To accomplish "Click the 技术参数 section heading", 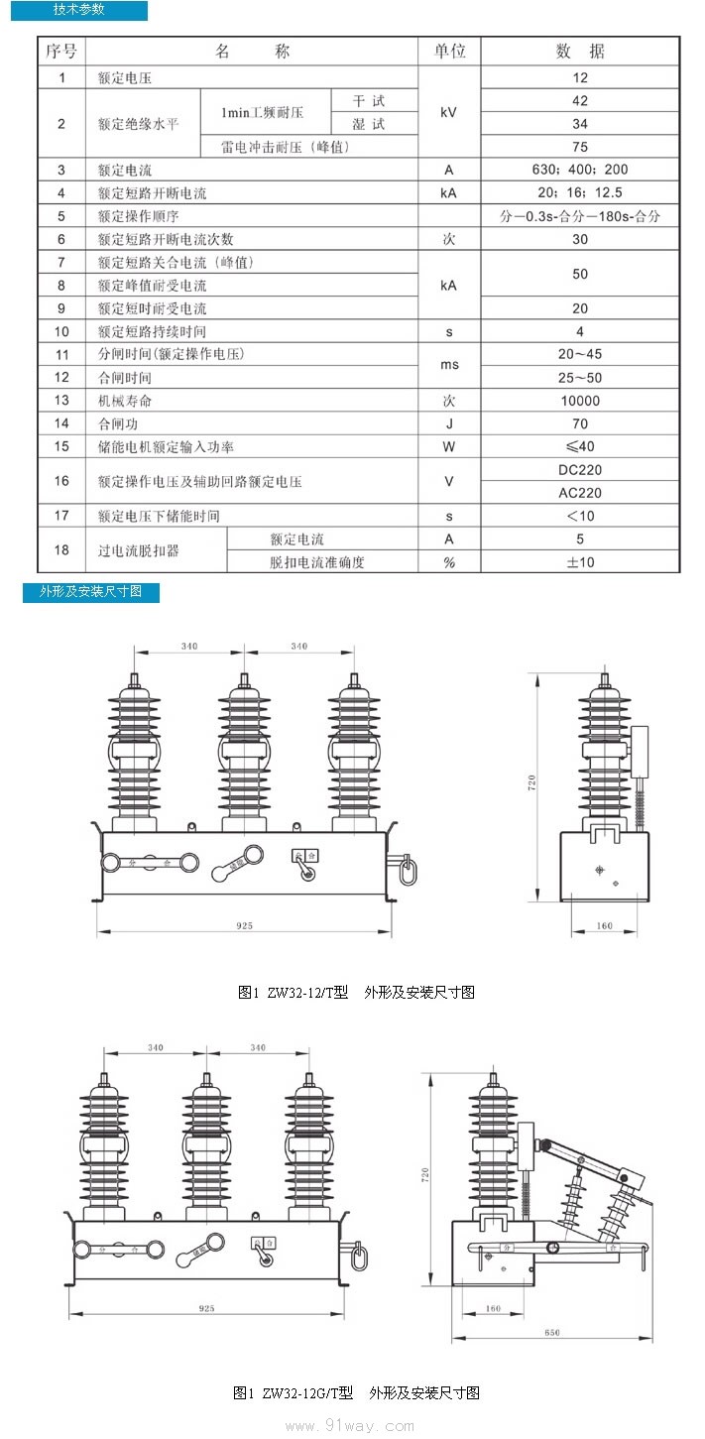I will [78, 10].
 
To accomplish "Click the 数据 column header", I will [580, 52].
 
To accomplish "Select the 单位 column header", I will [449, 52].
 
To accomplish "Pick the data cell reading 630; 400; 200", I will [580, 170].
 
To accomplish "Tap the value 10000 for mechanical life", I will [580, 401].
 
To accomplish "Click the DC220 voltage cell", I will [580, 470].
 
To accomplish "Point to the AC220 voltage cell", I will [580, 493].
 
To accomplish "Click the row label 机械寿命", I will [125, 401].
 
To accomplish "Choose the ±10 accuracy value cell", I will [580, 562].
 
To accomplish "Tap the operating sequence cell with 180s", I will [580, 216].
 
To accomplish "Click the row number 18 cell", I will [61, 550].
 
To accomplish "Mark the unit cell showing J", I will [449, 423].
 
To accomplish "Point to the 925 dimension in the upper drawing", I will [245, 925].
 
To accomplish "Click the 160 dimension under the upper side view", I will [605, 925].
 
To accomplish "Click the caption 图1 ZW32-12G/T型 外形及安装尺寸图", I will [356, 1392].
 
